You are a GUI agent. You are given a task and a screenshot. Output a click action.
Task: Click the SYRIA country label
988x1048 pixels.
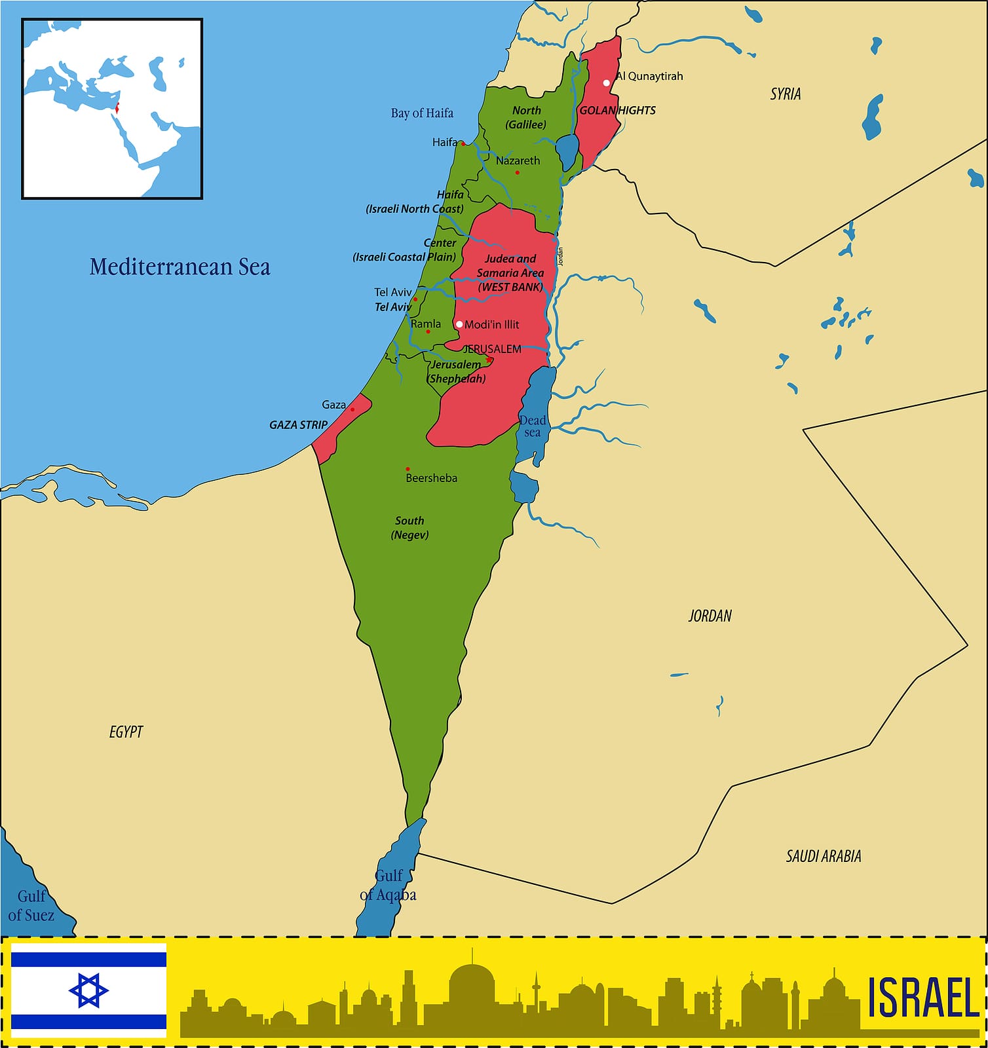pyautogui.click(x=785, y=94)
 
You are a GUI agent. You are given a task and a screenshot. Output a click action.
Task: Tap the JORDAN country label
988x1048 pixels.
pyautogui.click(x=710, y=616)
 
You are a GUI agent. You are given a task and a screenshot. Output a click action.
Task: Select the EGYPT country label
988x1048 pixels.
pyautogui.click(x=126, y=732)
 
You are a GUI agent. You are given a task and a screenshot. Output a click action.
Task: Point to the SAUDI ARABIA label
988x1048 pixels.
pyautogui.click(x=823, y=856)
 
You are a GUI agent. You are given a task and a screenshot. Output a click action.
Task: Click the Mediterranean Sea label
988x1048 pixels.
pyautogui.click(x=180, y=267)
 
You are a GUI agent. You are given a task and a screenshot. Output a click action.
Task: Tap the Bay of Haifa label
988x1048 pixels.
pyautogui.click(x=422, y=113)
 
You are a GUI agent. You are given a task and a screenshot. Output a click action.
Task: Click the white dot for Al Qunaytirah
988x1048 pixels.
pyautogui.click(x=607, y=83)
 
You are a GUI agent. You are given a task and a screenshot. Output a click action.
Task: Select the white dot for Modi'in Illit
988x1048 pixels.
pyautogui.click(x=459, y=324)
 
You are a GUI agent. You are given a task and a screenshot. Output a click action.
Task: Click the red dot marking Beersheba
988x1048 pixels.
pyautogui.click(x=408, y=469)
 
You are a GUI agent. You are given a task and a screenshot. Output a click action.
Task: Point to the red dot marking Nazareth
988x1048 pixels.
pyautogui.click(x=517, y=172)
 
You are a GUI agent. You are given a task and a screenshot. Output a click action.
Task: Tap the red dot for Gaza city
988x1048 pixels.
pyautogui.click(x=352, y=410)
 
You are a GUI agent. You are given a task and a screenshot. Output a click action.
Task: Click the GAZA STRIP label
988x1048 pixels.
pyautogui.click(x=298, y=425)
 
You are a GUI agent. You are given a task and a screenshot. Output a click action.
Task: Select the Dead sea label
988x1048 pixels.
pyautogui.click(x=532, y=426)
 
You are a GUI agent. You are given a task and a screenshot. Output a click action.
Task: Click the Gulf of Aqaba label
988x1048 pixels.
pyautogui.click(x=388, y=886)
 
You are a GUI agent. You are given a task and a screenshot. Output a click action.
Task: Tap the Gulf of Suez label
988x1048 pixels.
pyautogui.click(x=31, y=905)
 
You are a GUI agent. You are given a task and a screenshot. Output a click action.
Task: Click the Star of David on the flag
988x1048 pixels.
pyautogui.click(x=88, y=990)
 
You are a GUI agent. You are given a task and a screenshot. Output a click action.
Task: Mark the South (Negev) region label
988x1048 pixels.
pyautogui.click(x=409, y=528)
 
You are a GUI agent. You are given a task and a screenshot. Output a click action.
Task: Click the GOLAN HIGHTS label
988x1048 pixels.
pyautogui.click(x=617, y=111)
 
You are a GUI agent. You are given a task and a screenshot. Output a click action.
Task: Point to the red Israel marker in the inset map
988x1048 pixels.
pyautogui.click(x=117, y=108)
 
